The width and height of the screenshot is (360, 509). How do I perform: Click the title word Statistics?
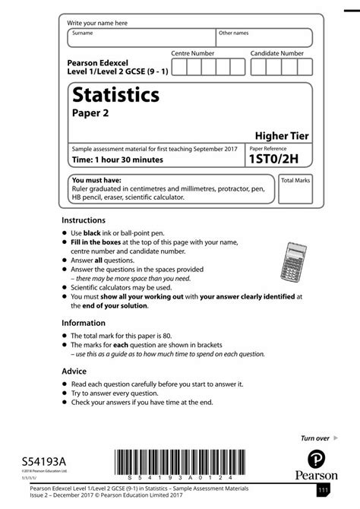[115, 96]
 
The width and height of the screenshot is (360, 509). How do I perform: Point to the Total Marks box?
[295, 189]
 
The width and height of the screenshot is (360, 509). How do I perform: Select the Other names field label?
[233, 33]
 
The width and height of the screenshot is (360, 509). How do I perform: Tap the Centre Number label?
[192, 54]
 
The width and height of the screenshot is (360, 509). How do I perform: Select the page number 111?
[323, 492]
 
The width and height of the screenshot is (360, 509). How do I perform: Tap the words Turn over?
[315, 438]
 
